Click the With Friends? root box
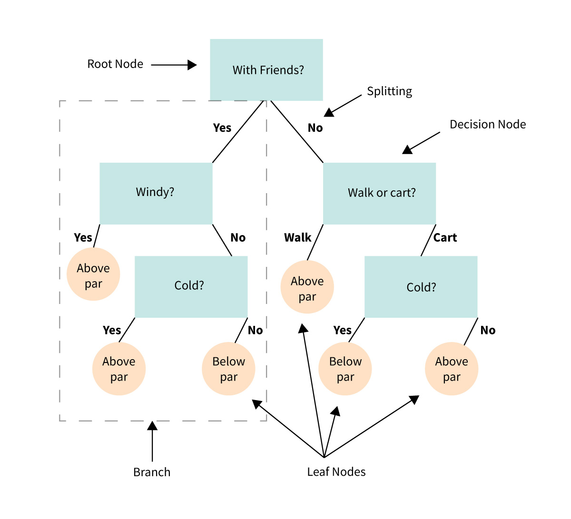coord(266,70)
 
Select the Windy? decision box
coord(156,193)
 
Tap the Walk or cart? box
coord(379,193)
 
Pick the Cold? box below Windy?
coord(191,286)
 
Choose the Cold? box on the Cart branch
coord(421,286)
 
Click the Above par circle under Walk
coord(307,287)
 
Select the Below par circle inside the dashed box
coord(228,369)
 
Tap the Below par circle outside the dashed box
coord(345,369)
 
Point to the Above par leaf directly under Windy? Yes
coord(93,274)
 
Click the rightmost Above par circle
coord(451,369)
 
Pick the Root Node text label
coord(115,64)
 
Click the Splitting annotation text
coord(389,91)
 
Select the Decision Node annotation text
coord(488,125)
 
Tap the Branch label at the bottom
coord(152,472)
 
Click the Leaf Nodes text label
coord(336,472)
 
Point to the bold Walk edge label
coord(297,238)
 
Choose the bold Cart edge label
coord(445,238)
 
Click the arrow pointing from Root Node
coord(174,65)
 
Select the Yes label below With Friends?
coord(222,128)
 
